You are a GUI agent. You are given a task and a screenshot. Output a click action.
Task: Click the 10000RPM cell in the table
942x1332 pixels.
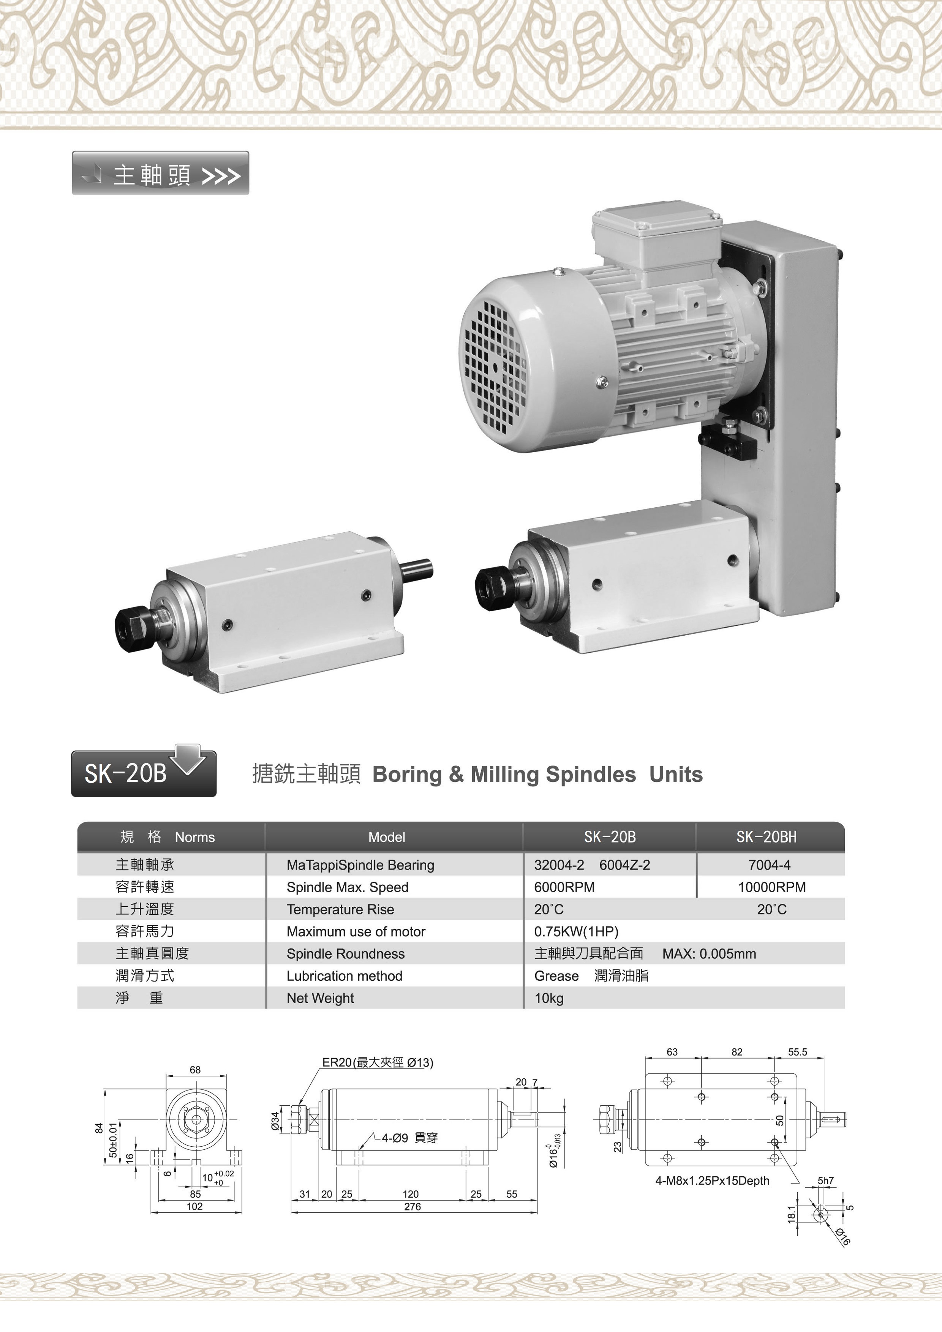[771, 887]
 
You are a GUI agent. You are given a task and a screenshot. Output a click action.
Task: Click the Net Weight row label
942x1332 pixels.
[320, 998]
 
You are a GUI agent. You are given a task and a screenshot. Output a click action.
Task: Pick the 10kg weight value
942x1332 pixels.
[548, 998]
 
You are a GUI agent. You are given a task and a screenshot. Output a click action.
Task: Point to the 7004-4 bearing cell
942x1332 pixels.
[769, 865]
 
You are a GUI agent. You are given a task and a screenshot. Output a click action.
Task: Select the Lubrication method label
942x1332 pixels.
[344, 976]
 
